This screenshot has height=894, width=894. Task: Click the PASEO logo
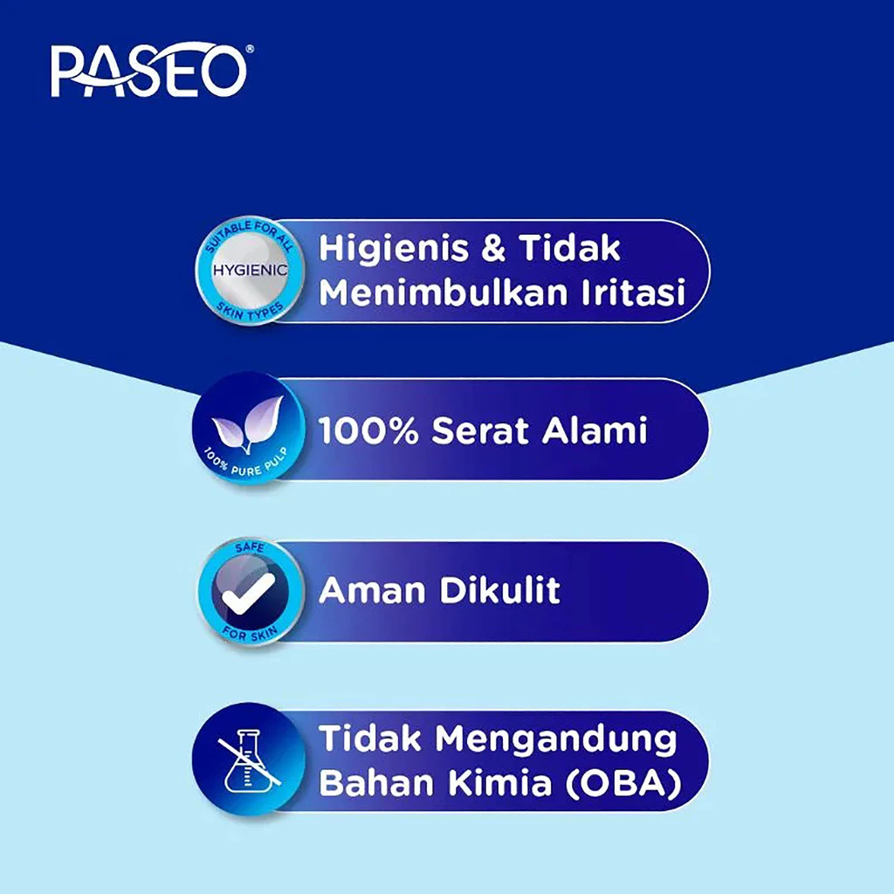149,70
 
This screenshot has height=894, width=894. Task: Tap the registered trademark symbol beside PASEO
250,49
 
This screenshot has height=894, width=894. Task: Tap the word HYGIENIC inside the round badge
251,270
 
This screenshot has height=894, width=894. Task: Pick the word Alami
595,430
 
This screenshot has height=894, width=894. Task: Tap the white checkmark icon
248,593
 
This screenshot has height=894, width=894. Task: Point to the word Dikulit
500,589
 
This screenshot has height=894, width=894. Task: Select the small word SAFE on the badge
250,547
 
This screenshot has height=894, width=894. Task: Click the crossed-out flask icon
249,760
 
